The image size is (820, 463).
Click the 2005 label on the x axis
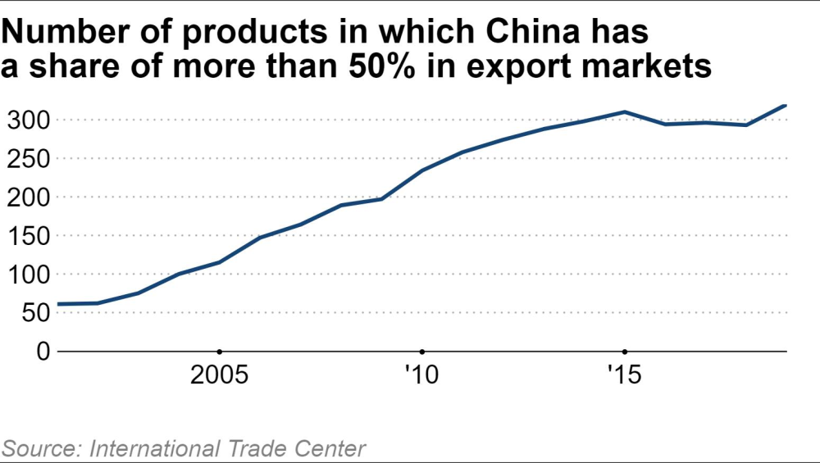point(219,376)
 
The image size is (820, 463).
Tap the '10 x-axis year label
point(421,376)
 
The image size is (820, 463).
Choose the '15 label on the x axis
point(624,376)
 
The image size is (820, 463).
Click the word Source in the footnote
point(40,448)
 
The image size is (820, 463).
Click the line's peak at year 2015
point(624,111)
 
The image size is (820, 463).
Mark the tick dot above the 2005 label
point(219,351)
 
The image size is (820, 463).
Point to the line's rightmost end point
point(786,105)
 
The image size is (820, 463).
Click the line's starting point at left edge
point(57,304)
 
